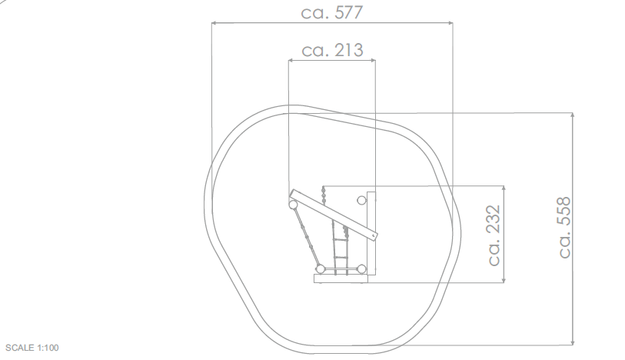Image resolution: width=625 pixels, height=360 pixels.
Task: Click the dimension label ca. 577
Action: click(331, 12)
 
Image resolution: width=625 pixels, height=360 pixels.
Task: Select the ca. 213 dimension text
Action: click(332, 50)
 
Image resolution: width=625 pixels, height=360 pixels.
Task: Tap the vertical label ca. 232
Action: click(494, 235)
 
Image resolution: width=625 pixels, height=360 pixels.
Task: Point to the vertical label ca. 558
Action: click(564, 227)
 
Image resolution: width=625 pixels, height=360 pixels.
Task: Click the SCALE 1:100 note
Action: click(32, 348)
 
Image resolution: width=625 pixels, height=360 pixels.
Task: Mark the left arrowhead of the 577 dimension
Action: click(214, 23)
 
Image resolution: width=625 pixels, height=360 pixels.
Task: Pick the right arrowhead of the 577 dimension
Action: click(450, 23)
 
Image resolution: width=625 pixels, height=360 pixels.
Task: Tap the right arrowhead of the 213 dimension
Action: click(373, 61)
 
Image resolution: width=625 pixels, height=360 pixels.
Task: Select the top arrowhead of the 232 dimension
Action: click(504, 188)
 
